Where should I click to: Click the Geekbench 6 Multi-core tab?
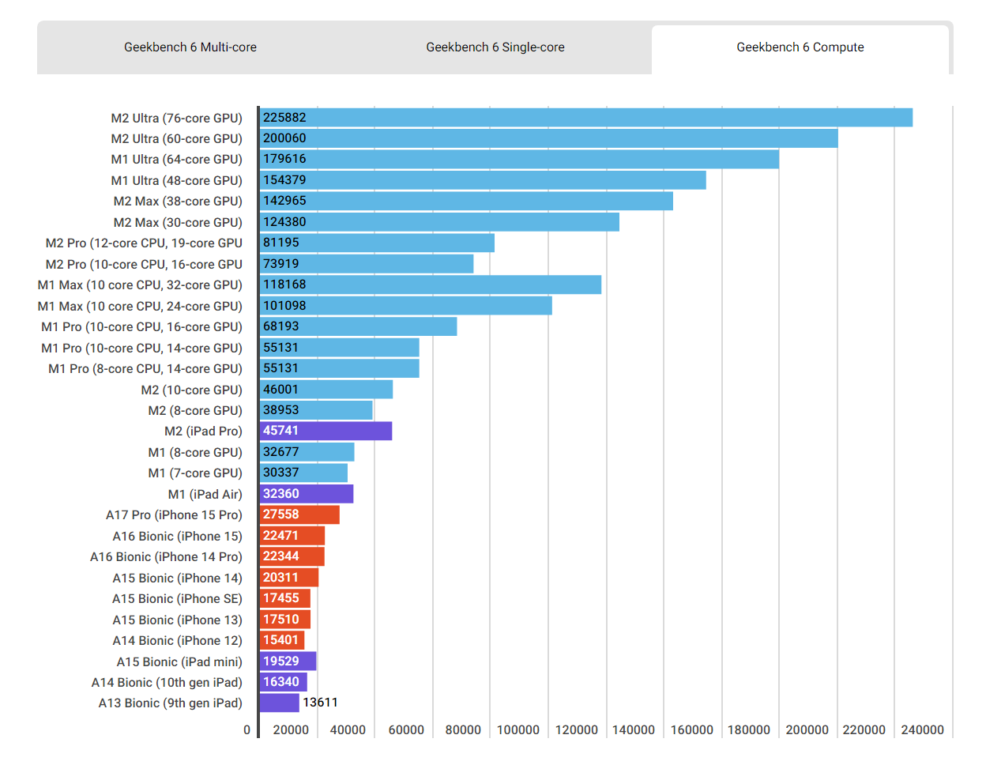coord(190,47)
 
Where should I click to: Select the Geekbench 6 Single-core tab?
coord(495,47)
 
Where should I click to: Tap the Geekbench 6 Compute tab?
coord(800,47)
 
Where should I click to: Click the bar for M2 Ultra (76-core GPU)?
coord(586,118)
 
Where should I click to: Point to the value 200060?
coord(284,138)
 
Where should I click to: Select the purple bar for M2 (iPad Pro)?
coord(326,431)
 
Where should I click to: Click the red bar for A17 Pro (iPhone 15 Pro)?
coord(299,514)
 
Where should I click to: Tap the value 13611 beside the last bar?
coord(320,703)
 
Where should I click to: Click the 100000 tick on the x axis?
coord(517,729)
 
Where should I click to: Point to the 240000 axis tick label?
coord(922,729)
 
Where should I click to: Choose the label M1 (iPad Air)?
coord(205,494)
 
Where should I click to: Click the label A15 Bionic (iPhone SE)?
coord(177,598)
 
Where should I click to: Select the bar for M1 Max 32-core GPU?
coord(431,285)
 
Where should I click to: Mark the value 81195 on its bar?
coord(281,243)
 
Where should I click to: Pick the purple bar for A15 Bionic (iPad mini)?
coord(288,661)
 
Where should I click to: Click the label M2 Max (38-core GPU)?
coord(178,201)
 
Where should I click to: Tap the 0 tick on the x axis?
coord(246,729)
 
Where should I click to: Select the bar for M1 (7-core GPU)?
coord(303,473)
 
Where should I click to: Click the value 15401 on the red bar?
coord(281,640)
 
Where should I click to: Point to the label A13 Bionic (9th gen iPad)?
coord(170,703)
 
